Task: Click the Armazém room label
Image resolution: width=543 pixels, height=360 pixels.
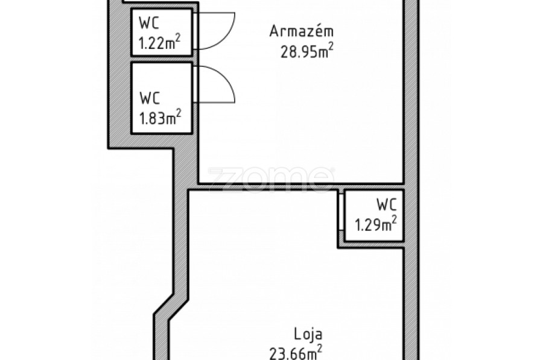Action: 301,31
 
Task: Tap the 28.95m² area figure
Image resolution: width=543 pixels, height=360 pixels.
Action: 307,52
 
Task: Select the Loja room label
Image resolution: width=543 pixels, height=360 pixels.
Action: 308,335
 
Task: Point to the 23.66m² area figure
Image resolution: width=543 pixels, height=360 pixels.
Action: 296,353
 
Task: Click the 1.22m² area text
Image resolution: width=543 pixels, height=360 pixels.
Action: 159,43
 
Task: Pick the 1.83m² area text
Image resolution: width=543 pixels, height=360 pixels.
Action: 160,118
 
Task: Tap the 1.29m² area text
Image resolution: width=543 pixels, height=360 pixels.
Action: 375,224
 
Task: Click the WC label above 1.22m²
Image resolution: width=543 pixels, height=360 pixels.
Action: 149,23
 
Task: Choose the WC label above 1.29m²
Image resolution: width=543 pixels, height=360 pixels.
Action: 387,204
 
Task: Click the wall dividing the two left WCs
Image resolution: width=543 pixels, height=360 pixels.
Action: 161,59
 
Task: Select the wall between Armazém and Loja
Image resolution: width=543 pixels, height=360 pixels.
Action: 300,186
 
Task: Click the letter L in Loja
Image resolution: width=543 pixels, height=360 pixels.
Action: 297,335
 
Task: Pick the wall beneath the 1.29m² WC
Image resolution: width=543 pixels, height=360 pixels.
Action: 371,245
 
